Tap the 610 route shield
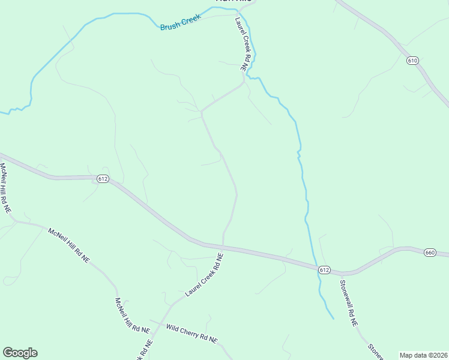pyautogui.click(x=412, y=61)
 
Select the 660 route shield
pyautogui.click(x=429, y=253)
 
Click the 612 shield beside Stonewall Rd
pyautogui.click(x=324, y=270)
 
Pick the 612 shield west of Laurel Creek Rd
pyautogui.click(x=103, y=179)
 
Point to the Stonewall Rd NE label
pyautogui.click(x=349, y=303)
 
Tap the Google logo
pyautogui.click(x=20, y=353)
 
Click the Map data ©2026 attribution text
pyautogui.click(x=423, y=355)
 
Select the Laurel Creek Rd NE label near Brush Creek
pyautogui.click(x=241, y=45)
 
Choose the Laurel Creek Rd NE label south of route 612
pyautogui.click(x=204, y=274)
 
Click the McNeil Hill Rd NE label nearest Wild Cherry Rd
pyautogui.click(x=127, y=316)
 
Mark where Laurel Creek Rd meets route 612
pyautogui.click(x=223, y=246)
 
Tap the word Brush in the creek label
pyautogui.click(x=169, y=27)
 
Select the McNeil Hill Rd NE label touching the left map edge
pyautogui.click(x=5, y=188)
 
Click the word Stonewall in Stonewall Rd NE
pyautogui.click(x=346, y=296)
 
